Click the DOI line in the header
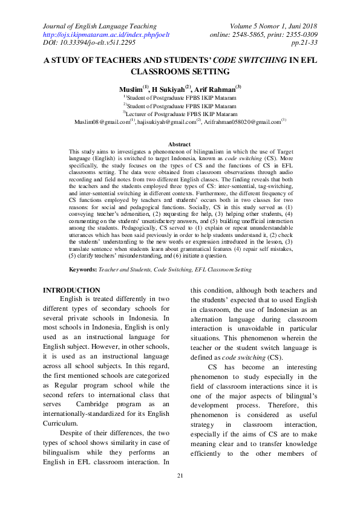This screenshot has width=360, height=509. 88,43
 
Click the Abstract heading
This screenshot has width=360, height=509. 180,144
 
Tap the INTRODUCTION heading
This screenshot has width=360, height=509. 71,290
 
